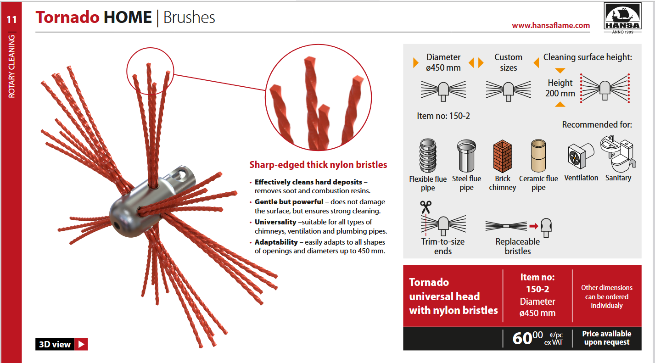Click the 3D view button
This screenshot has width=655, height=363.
coord(62,344)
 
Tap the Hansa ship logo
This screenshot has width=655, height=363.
coord(622,18)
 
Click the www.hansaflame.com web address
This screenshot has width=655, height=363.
coord(551,25)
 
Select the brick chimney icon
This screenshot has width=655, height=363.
coord(502,156)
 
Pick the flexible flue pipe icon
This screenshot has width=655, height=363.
coord(428,156)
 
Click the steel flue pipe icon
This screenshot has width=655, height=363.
coord(466,156)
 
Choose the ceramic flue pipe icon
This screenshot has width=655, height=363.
coord(538,156)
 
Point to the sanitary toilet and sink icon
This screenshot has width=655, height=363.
coord(618,154)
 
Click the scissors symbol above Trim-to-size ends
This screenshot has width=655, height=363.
coord(426,207)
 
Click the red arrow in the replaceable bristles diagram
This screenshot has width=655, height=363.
coord(534,226)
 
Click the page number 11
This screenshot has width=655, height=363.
coord(11,20)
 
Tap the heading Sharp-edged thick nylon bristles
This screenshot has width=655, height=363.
coord(318,165)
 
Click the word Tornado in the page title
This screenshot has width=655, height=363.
coord(67,17)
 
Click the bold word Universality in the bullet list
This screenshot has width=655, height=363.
coord(275,222)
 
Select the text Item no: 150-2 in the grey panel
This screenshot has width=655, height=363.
coord(443,116)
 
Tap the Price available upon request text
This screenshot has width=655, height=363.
coord(607,338)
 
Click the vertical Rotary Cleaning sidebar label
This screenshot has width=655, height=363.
coord(11,67)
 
